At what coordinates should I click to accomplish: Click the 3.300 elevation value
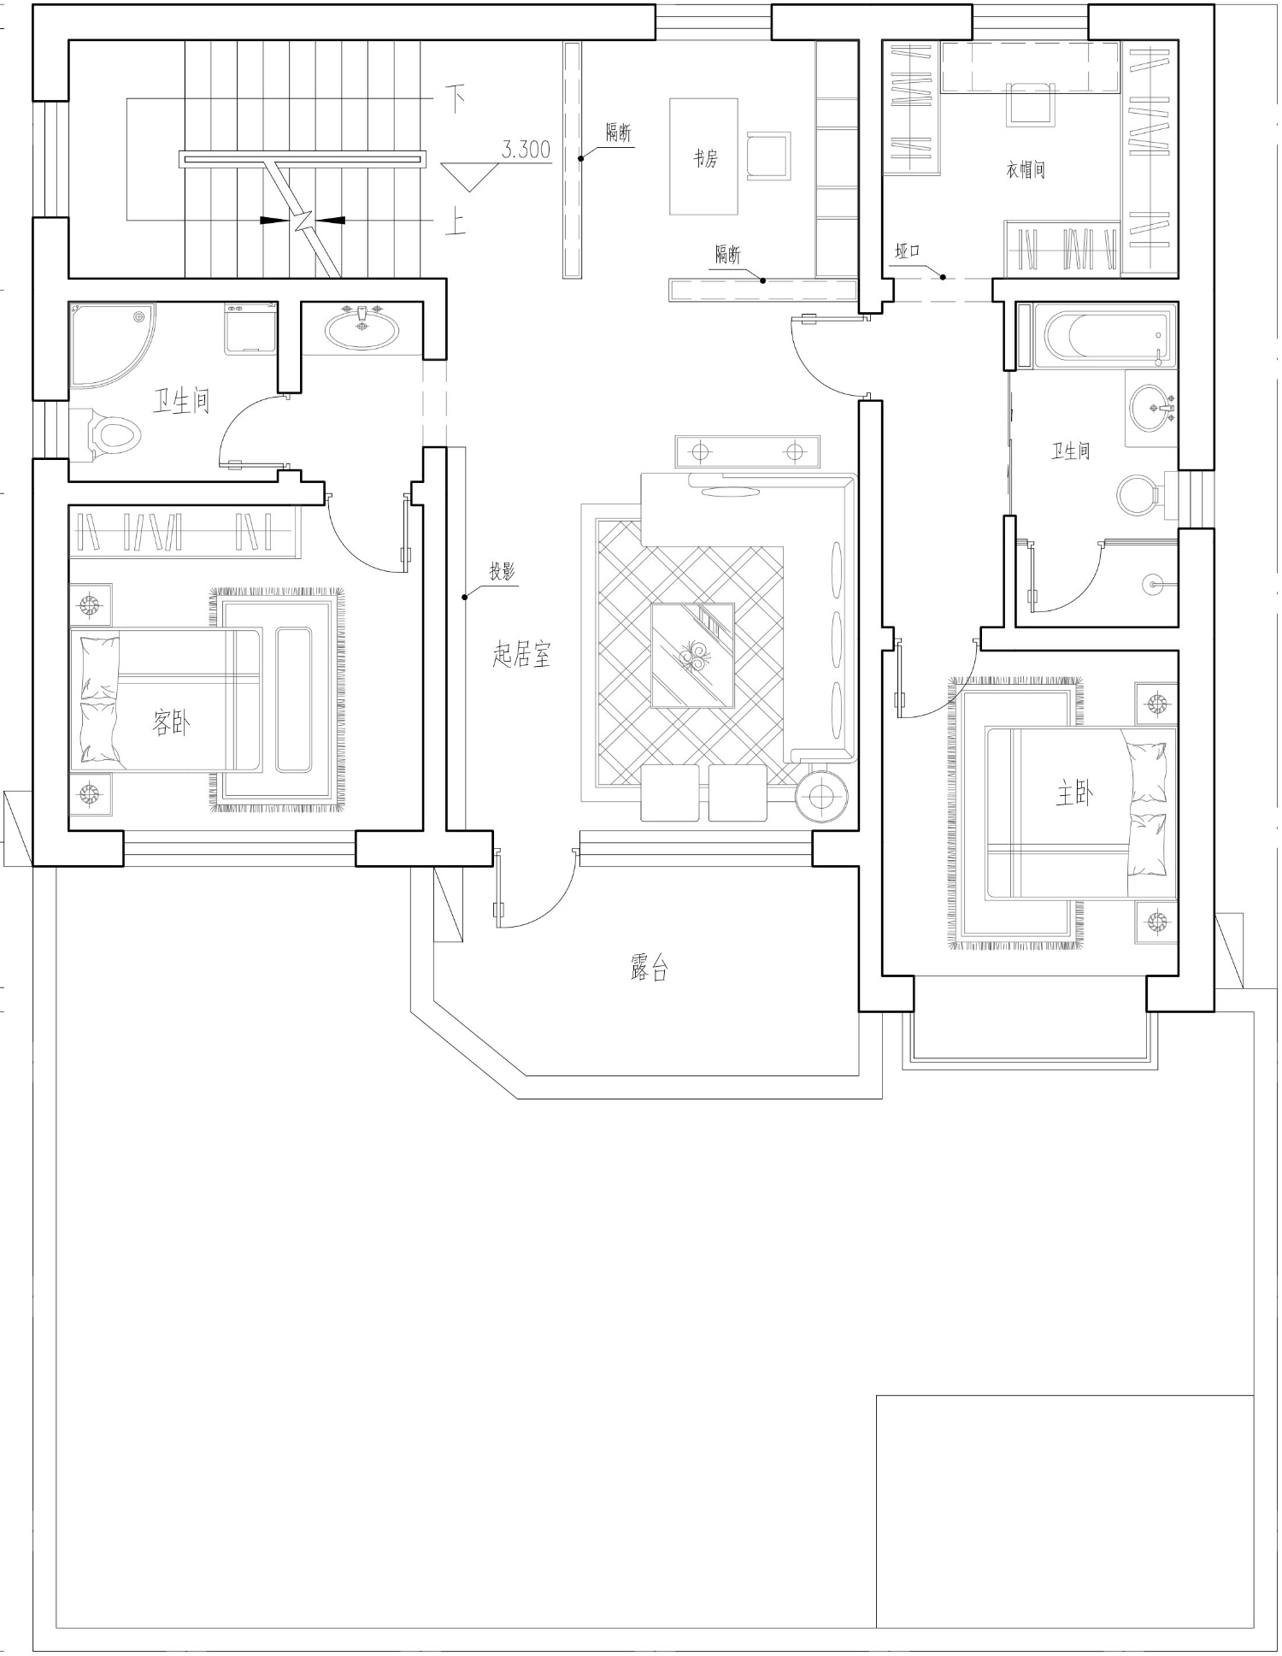point(526,150)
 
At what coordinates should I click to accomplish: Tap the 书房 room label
point(705,158)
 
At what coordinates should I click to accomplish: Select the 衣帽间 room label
point(1026,170)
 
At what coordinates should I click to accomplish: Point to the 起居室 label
point(521,654)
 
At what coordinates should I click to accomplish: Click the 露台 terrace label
point(649,968)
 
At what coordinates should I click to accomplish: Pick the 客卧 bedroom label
point(171,723)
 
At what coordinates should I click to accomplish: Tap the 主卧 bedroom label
point(1073,795)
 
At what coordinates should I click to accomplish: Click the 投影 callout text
point(503,571)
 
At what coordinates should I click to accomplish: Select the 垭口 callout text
point(908,251)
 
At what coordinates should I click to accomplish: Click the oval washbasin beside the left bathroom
point(362,329)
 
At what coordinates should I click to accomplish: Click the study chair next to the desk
point(768,156)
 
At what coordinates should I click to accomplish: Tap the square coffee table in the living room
point(693,656)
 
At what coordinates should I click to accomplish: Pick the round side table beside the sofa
point(820,797)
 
